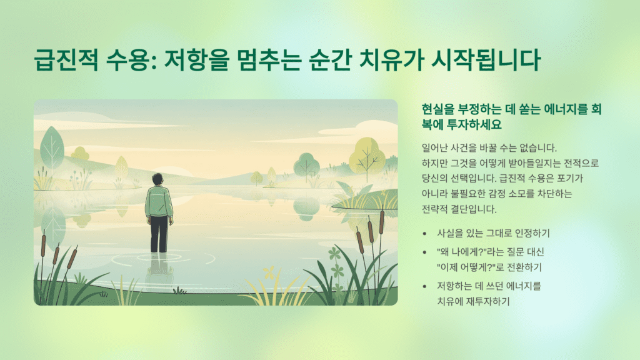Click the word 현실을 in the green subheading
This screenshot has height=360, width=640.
coord(438,108)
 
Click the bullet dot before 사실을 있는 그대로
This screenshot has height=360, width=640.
coord(425,234)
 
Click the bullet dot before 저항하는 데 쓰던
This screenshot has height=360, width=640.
coord(425,286)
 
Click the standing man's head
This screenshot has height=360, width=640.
coord(158,179)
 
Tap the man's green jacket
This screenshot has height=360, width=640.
coord(159,200)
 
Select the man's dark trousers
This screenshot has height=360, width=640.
coord(159,232)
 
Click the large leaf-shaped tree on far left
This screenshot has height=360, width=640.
coord(52,146)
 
